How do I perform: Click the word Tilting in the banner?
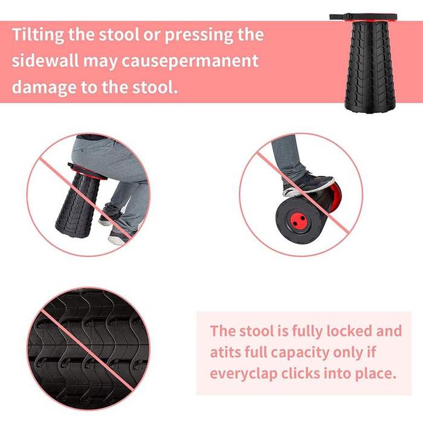(x=37, y=35)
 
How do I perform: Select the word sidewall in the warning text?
(x=45, y=60)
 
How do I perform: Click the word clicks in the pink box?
(x=300, y=373)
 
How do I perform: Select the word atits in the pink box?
(x=225, y=352)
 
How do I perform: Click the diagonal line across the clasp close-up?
(x=88, y=350)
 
